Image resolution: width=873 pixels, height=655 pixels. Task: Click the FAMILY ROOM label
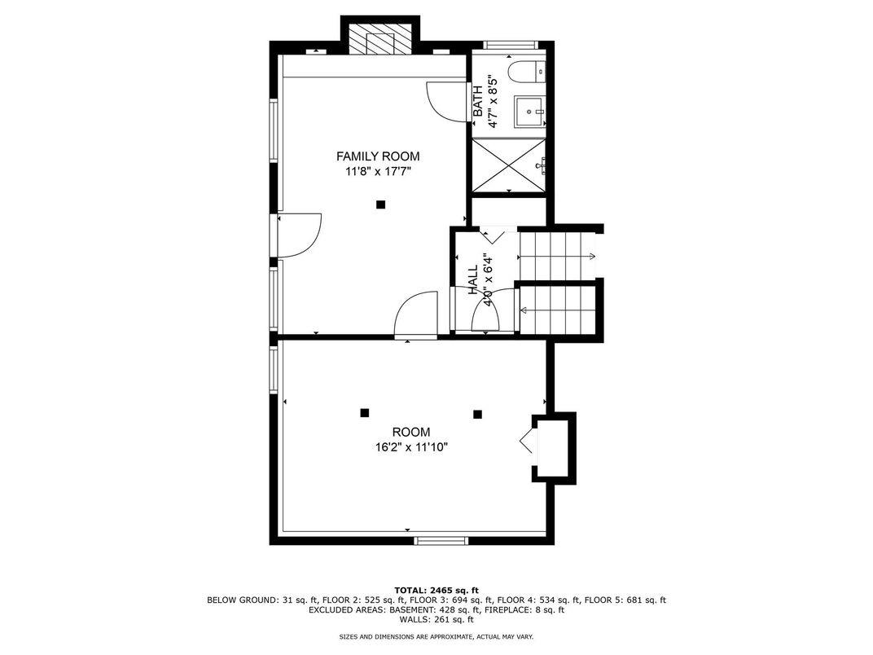point(378,156)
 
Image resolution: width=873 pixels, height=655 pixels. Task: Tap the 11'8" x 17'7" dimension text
point(378,172)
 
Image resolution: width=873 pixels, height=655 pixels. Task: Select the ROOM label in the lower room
point(411,432)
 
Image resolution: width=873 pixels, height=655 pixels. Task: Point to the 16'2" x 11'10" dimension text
point(411,446)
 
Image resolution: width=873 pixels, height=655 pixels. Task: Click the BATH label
point(478,101)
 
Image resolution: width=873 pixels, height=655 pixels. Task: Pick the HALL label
point(473,279)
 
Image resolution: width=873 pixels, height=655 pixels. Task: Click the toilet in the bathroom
point(527,72)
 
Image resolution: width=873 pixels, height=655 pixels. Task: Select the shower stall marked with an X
point(509,165)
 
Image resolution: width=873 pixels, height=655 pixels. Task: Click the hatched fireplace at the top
point(380,38)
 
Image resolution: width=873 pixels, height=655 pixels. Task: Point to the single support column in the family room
point(381,204)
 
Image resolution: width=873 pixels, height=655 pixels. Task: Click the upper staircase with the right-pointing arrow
point(557,256)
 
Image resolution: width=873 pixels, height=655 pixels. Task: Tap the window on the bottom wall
point(441,540)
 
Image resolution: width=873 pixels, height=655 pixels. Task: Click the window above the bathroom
point(509,45)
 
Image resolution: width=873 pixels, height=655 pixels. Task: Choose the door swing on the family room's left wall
point(300,236)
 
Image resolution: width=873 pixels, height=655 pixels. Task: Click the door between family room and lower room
point(415,315)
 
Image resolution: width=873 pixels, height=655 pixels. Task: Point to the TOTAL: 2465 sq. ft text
point(436,591)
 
